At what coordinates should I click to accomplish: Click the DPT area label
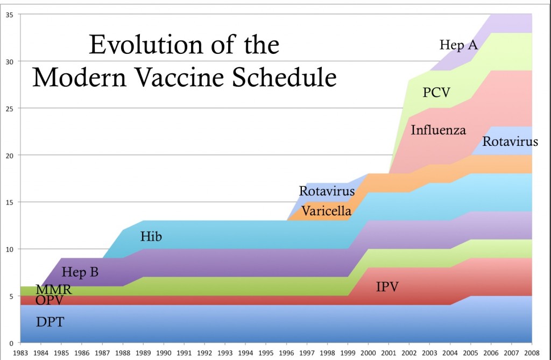pyautogui.click(x=50, y=322)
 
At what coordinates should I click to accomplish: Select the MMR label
pyautogui.click(x=53, y=290)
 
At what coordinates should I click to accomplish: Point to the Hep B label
pyautogui.click(x=80, y=272)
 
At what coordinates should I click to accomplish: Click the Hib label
pyautogui.click(x=151, y=236)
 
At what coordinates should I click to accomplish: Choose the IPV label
pyautogui.click(x=387, y=286)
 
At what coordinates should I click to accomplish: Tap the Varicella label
pyautogui.click(x=326, y=211)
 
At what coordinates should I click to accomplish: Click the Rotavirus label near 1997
pyautogui.click(x=327, y=191)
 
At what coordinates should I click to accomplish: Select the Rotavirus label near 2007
pyautogui.click(x=510, y=142)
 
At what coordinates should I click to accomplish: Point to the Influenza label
pyautogui.click(x=438, y=130)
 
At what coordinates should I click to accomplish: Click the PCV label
pyautogui.click(x=436, y=93)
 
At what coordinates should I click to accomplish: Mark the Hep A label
pyautogui.click(x=458, y=45)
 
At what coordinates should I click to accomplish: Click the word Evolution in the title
pyautogui.click(x=139, y=45)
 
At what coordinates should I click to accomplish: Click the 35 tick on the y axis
pyautogui.click(x=10, y=15)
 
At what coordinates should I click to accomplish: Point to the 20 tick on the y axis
pyautogui.click(x=10, y=155)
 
